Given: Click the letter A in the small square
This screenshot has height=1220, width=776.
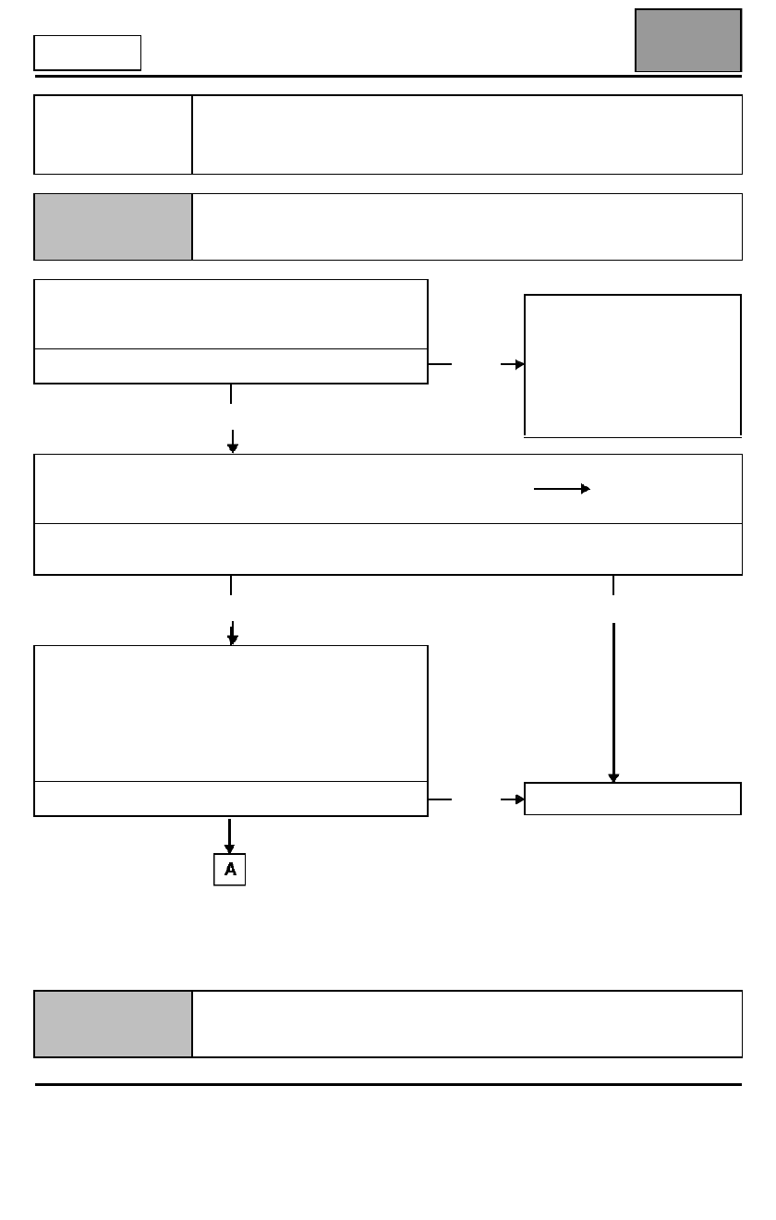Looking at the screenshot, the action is click(x=230, y=869).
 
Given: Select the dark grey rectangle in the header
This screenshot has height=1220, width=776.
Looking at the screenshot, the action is click(x=688, y=41).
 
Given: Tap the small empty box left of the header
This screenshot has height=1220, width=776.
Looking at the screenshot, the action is click(x=87, y=53).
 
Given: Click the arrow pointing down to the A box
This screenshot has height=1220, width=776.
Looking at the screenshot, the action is click(x=229, y=836).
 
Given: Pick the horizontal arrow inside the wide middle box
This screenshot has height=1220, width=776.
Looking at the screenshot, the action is click(x=562, y=489).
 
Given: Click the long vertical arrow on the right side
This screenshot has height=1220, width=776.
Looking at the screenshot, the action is click(x=613, y=702).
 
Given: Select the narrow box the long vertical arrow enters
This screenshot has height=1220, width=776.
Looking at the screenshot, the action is click(x=633, y=799).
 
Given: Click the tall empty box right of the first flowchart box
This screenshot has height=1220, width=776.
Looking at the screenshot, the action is click(x=633, y=365).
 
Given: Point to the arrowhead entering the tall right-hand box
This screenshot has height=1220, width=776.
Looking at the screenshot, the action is click(x=520, y=364).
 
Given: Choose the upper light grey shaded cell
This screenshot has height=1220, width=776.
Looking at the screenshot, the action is click(x=113, y=226).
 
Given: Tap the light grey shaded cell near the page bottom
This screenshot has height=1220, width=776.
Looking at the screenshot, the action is click(x=113, y=1024).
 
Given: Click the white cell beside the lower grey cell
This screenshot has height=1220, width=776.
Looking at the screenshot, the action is click(x=467, y=1024).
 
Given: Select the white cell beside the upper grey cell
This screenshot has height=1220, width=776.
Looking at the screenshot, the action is click(x=467, y=226).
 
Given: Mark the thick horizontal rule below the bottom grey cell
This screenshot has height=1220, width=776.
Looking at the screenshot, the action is click(x=388, y=1084).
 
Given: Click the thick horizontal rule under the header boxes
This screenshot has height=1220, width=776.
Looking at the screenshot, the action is click(x=388, y=76).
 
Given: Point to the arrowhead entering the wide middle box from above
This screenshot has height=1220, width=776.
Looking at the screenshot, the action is click(x=233, y=448).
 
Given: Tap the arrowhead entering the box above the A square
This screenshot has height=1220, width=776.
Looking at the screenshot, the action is click(x=233, y=640).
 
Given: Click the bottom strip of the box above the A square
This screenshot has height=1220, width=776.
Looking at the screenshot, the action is click(x=231, y=799).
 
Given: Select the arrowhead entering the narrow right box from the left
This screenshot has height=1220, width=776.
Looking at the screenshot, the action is click(x=520, y=799).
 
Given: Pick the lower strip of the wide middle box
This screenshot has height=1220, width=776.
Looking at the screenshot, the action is click(x=388, y=549).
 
